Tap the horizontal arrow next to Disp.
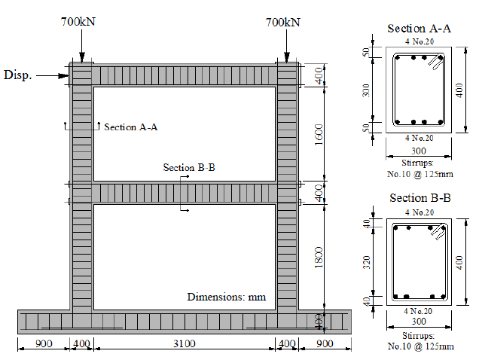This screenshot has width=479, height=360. point(53,75)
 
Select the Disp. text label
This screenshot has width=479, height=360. point(18,75)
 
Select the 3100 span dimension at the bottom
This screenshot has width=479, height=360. point(185,344)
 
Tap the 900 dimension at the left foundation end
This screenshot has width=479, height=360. point(44,344)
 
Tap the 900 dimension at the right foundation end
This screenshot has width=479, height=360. point(325,344)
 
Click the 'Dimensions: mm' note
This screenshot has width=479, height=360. point(227,297)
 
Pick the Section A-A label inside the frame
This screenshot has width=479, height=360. point(131,127)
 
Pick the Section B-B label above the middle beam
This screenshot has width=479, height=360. point(189,167)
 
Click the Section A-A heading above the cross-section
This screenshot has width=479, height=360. point(419,29)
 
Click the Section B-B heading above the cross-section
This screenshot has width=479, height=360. point(420,198)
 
